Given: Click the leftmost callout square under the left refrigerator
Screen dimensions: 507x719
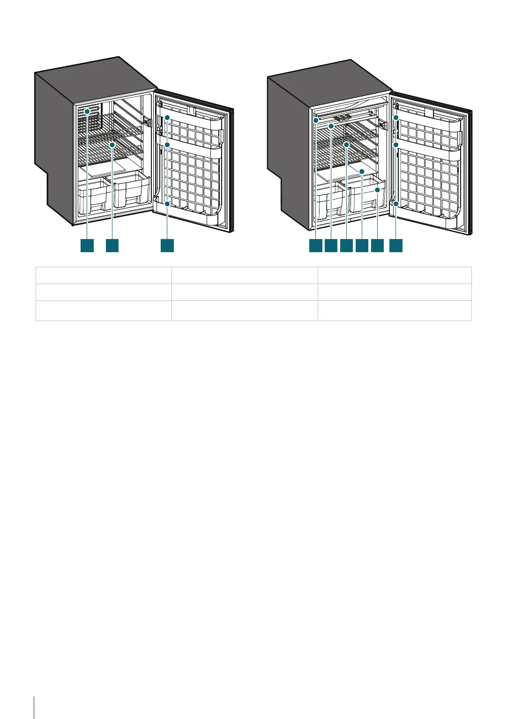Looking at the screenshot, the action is (87, 246).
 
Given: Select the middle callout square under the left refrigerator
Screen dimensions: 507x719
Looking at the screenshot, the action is (112, 246).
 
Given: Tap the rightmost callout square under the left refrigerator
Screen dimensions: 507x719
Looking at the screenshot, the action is (167, 246).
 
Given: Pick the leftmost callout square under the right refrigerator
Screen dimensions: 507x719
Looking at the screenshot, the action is (315, 246).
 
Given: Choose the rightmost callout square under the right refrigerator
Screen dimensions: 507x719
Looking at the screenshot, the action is (396, 246).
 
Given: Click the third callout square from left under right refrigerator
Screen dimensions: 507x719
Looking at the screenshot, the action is (346, 246).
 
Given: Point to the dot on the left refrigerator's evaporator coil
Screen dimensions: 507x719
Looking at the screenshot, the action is (87, 112).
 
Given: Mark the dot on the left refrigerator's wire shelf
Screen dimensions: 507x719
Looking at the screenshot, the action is (112, 145).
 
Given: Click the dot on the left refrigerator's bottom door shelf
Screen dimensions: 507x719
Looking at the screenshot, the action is (167, 203).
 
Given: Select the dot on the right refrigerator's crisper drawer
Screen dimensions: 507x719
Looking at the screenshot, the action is (377, 190).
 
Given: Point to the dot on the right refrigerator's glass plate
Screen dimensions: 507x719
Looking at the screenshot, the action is (362, 172).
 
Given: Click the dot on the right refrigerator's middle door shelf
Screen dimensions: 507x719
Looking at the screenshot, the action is (396, 145).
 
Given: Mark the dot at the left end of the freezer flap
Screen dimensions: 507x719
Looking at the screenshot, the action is (316, 120).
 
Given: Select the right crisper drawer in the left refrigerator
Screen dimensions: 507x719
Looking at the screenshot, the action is (130, 190).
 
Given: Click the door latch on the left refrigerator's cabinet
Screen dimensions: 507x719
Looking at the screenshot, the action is (147, 121).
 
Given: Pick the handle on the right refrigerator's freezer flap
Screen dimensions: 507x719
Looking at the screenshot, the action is (345, 117).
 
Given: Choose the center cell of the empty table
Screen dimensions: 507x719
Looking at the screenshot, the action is (244, 292).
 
